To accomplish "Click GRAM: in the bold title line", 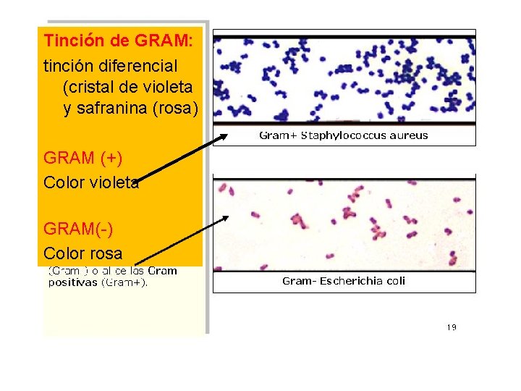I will pyautogui.click(x=164, y=41).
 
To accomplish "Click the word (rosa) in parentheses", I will pyautogui.click(x=172, y=109).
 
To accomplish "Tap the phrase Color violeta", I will pyautogui.click(x=91, y=182).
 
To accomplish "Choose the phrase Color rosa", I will pyautogui.click(x=82, y=253).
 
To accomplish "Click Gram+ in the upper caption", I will pyautogui.click(x=278, y=135).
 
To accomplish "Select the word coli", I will pyautogui.click(x=394, y=281).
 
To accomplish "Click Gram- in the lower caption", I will pyautogui.click(x=298, y=281).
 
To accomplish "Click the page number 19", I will pyautogui.click(x=452, y=327).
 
